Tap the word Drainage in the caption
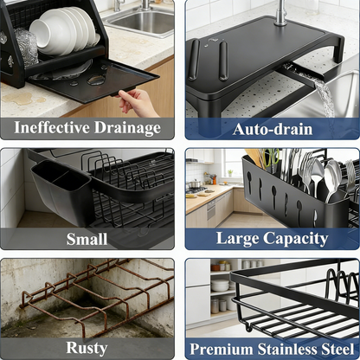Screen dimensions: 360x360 click(x=129, y=128)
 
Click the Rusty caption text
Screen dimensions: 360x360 click(x=87, y=347)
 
